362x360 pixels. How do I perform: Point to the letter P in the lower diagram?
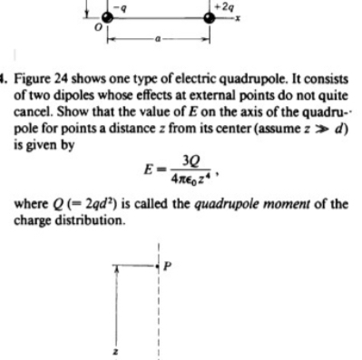167,264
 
